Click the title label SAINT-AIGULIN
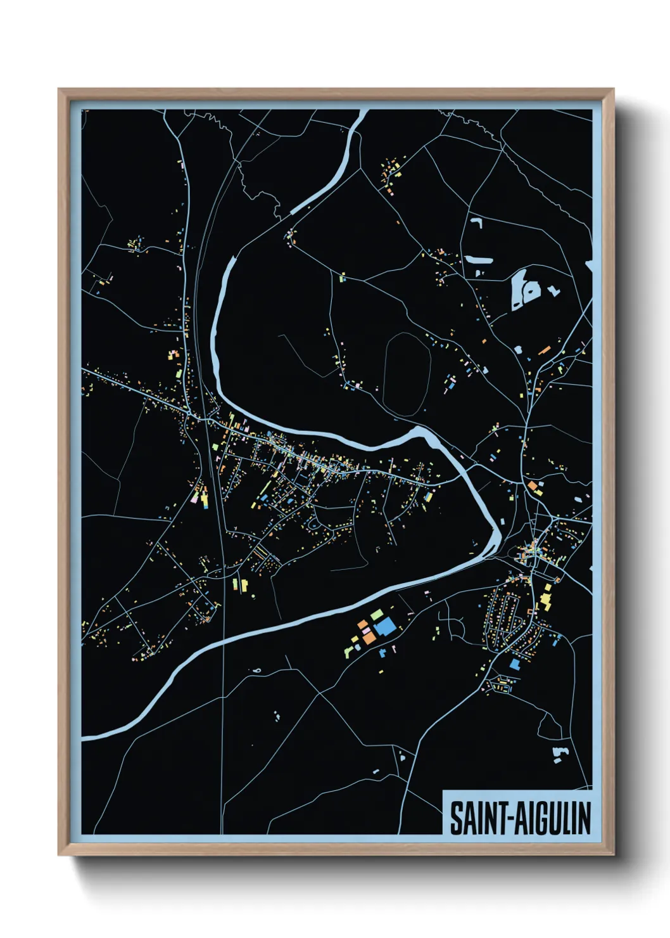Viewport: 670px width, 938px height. coord(519,818)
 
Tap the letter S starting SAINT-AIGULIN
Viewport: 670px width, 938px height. coord(456,818)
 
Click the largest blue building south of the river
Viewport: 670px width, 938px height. coord(385,627)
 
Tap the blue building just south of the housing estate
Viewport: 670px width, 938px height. coord(514,664)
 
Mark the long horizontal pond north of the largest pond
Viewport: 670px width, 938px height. coord(479,260)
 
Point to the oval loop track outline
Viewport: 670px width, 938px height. coord(407,375)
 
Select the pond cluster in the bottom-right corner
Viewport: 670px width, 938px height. coord(558,754)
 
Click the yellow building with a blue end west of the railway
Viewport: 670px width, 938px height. coord(205,498)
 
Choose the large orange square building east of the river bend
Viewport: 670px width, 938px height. coord(533,486)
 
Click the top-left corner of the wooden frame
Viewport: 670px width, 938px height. coord(60,90)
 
